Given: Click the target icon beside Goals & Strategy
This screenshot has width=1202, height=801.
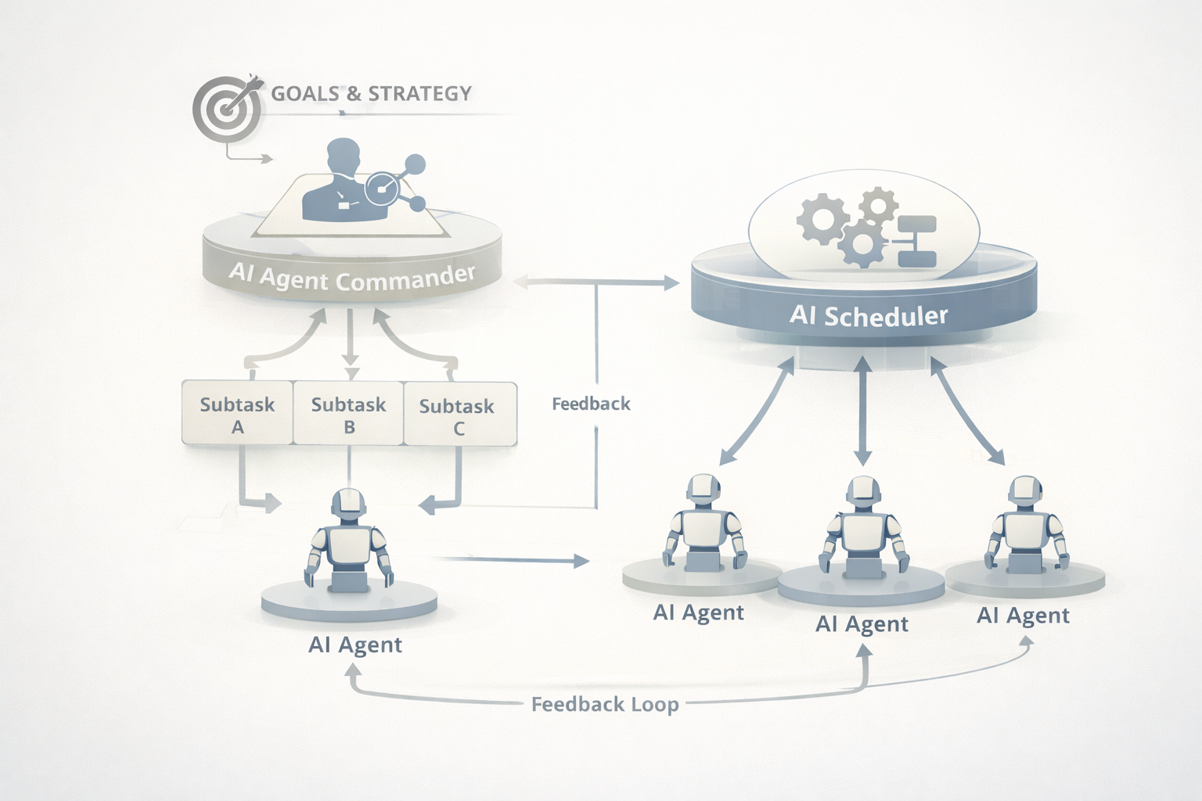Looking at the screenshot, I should [226, 108].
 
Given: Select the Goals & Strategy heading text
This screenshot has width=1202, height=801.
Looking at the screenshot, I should [371, 94].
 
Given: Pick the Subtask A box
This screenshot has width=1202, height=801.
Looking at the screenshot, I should [237, 414].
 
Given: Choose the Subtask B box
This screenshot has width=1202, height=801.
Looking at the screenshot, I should [348, 414].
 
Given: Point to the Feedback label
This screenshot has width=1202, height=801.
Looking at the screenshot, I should [591, 404].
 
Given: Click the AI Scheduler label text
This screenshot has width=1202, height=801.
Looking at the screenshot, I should [868, 315].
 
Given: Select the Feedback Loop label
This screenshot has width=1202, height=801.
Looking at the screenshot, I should [604, 704].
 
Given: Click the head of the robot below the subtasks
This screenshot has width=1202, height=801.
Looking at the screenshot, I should [349, 504].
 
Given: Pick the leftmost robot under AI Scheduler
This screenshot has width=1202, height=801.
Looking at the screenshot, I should [702, 523].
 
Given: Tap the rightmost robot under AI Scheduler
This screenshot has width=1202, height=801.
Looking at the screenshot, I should [1025, 524].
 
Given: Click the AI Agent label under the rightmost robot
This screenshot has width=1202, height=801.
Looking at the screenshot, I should [1023, 616].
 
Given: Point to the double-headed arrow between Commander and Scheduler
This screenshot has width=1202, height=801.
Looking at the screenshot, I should [596, 282].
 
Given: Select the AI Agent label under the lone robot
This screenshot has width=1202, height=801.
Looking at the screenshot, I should [355, 645].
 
